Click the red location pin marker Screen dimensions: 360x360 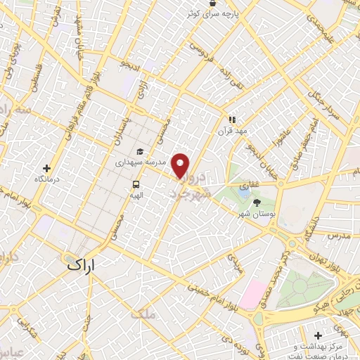tap(181, 165)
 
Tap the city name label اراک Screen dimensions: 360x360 tap(84, 264)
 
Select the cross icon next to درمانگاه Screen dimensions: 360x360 tap(47, 169)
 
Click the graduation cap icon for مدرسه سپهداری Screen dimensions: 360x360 tap(140, 151)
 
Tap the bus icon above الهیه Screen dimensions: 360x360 tap(134, 185)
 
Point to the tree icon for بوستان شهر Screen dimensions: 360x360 tap(256, 202)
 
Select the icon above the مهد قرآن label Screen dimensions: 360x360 tap(231, 120)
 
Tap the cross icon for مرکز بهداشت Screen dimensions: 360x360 tap(319, 335)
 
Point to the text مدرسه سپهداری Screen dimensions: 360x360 tap(140, 162)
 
